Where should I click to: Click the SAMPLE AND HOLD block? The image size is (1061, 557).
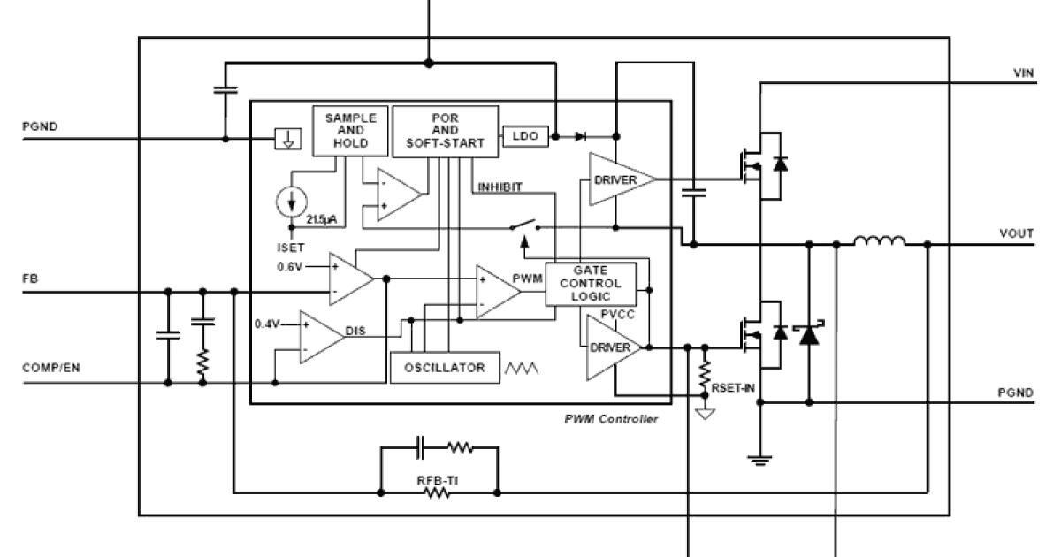click(352, 131)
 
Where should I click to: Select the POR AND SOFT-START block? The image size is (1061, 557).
click(445, 131)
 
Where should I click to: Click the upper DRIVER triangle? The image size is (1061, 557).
click(619, 179)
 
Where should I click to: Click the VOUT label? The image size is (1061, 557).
click(1018, 233)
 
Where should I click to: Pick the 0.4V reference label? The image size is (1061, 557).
click(268, 324)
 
